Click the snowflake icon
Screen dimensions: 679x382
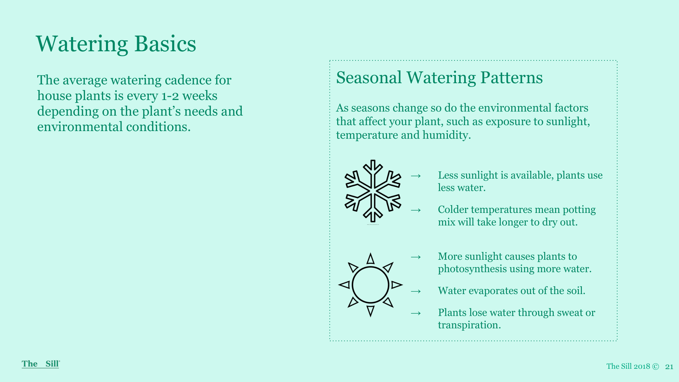tap(373, 191)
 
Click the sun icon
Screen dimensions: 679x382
tap(370, 285)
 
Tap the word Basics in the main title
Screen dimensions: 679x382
tap(165, 44)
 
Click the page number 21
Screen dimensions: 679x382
tap(669, 366)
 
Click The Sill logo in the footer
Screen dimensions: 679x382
tap(41, 364)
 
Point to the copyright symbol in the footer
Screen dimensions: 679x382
tap(656, 366)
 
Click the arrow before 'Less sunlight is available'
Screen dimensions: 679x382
tap(416, 176)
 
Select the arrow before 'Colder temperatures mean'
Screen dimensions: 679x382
tap(416, 210)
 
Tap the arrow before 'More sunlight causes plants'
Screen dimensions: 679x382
tap(416, 257)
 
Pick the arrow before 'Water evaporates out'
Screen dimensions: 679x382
tap(416, 291)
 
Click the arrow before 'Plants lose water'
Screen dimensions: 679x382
tap(416, 313)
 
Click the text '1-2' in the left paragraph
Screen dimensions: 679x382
tap(170, 96)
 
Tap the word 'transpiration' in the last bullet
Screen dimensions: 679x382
tap(469, 325)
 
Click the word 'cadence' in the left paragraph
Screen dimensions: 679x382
tap(188, 80)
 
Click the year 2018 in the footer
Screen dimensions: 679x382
tap(642, 366)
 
